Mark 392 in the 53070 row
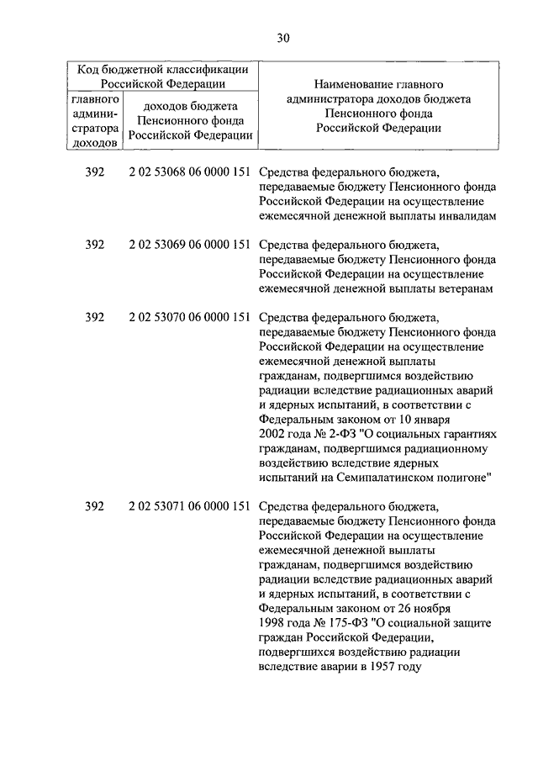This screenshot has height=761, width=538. point(95,317)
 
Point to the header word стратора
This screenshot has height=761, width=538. point(95,129)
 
